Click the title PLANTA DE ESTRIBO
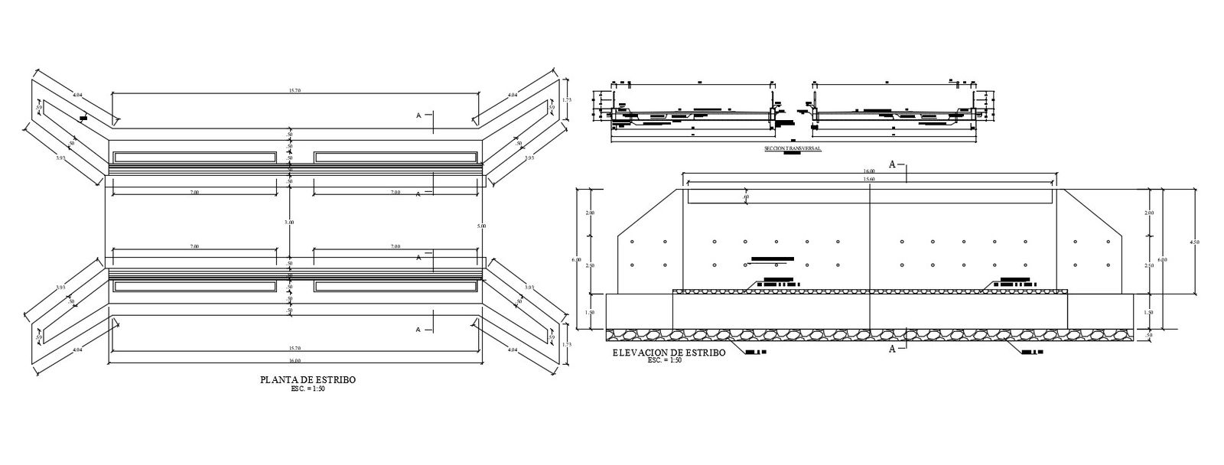[308, 379]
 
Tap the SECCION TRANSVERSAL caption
[792, 148]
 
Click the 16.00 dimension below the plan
[295, 360]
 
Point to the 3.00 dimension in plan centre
[289, 222]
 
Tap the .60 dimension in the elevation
[746, 197]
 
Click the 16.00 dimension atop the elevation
[870, 171]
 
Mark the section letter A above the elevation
[892, 164]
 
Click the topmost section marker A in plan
[418, 115]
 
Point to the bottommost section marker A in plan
[418, 330]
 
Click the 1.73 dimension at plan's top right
[567, 99]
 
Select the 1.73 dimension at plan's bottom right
[567, 345]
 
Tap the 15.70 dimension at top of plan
[295, 91]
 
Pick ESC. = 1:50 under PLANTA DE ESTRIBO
[308, 389]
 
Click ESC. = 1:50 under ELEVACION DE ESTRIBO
[664, 359]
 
